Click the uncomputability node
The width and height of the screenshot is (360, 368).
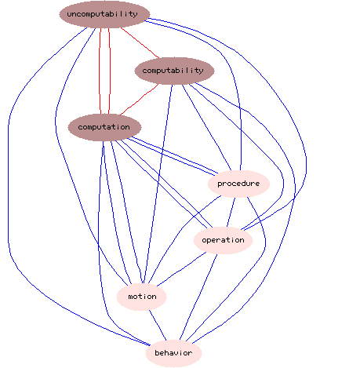[x=104, y=14]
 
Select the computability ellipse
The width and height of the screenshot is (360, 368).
[x=174, y=71]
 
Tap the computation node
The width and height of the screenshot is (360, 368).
[x=104, y=127]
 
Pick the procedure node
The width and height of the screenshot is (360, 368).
[x=238, y=184]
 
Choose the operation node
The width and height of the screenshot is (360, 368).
[x=223, y=240]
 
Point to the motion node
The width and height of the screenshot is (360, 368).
[x=141, y=297]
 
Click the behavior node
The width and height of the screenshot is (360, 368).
[x=173, y=353]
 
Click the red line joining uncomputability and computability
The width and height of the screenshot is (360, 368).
[x=140, y=42]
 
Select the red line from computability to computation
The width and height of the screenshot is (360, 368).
[x=140, y=100]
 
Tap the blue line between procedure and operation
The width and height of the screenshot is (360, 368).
[x=231, y=212]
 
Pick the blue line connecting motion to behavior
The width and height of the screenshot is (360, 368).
[x=158, y=325]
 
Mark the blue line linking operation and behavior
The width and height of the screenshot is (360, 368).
[x=198, y=297]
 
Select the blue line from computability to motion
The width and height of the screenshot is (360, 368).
[x=158, y=184]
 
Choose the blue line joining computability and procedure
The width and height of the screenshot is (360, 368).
[x=206, y=127]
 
